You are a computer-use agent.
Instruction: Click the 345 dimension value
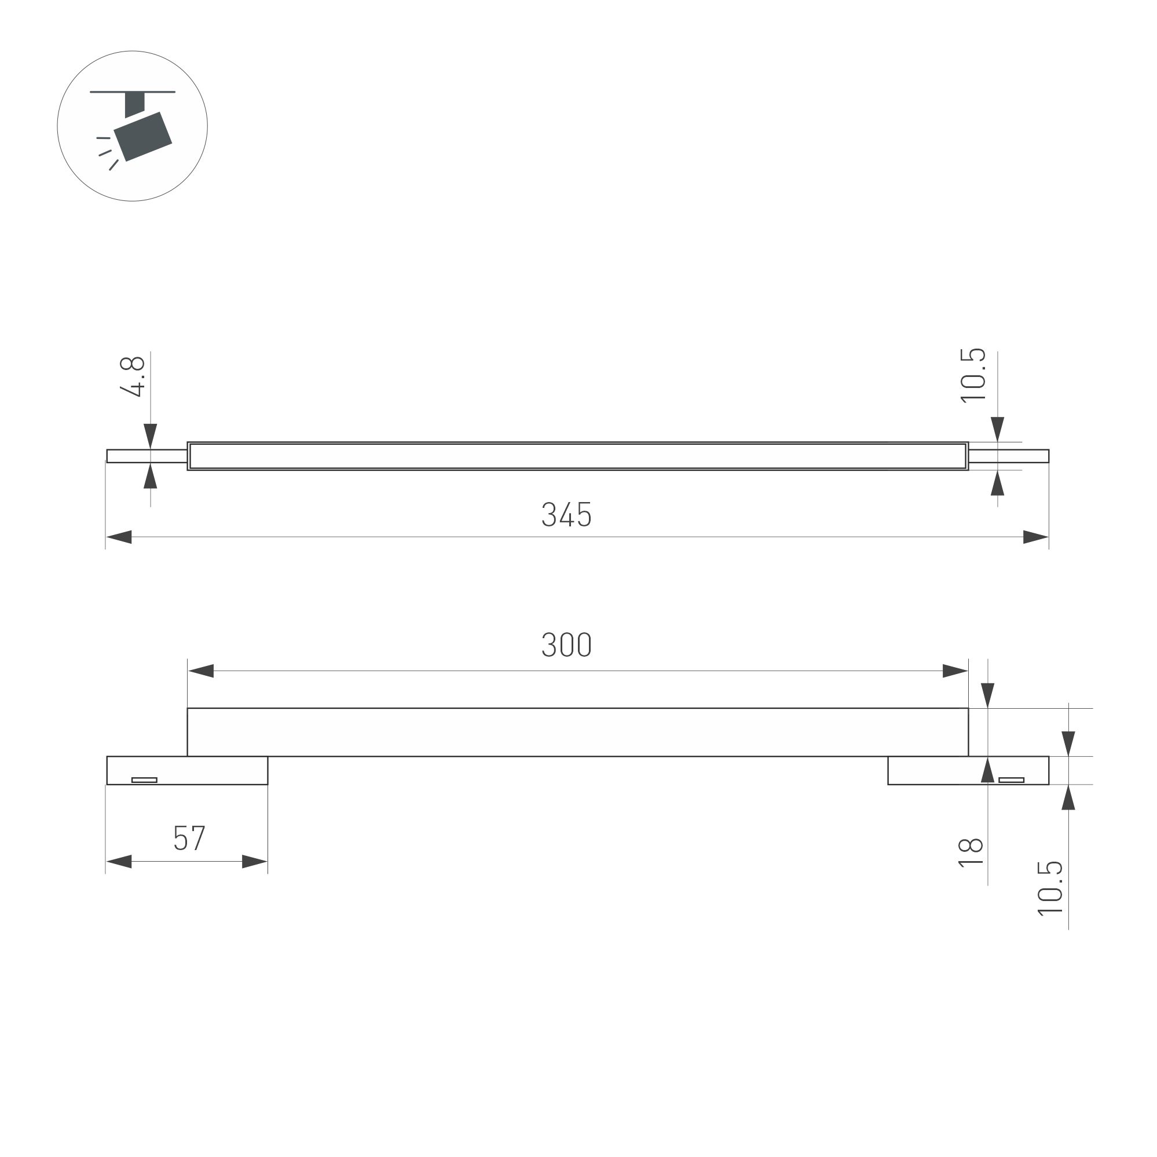pyautogui.click(x=566, y=514)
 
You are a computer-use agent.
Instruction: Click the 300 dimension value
pyautogui.click(x=566, y=645)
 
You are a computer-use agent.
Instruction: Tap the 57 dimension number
pyautogui.click(x=189, y=839)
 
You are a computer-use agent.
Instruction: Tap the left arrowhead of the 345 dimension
pyautogui.click(x=119, y=537)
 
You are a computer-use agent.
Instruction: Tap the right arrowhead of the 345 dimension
pyautogui.click(x=1035, y=537)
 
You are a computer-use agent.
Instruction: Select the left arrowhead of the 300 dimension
pyautogui.click(x=200, y=671)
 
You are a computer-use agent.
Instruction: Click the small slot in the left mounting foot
pyautogui.click(x=144, y=779)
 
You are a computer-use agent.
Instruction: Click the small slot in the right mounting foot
pyautogui.click(x=1012, y=779)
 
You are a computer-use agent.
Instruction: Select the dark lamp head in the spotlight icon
pyautogui.click(x=143, y=137)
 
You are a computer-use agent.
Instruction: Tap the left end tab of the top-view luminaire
pyautogui.click(x=147, y=456)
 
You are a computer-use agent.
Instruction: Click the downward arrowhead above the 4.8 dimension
pyautogui.click(x=151, y=435)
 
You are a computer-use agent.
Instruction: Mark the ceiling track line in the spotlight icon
pyautogui.click(x=133, y=91)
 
